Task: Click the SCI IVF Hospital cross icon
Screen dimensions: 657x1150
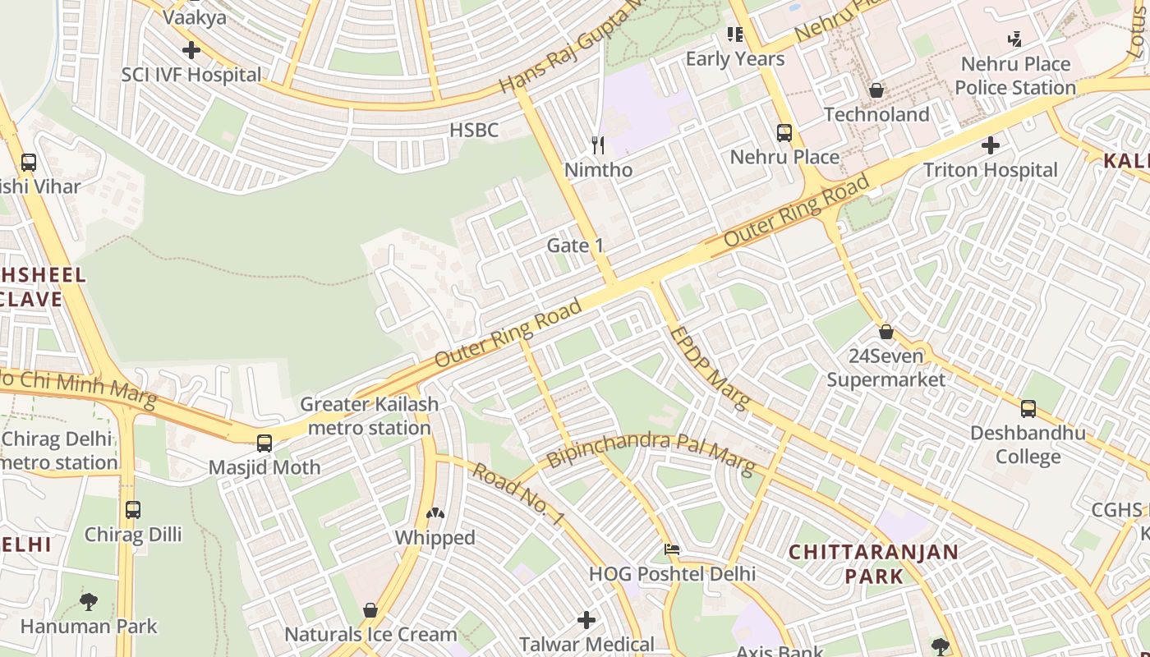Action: pyautogui.click(x=191, y=50)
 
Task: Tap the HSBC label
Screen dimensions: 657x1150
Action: pyautogui.click(x=474, y=130)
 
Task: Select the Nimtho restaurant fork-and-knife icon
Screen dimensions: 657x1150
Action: pyautogui.click(x=598, y=145)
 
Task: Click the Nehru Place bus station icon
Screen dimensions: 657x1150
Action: pyautogui.click(x=784, y=132)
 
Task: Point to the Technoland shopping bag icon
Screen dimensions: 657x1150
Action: pyautogui.click(x=876, y=90)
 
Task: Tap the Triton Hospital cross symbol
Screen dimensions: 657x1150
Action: pyautogui.click(x=991, y=145)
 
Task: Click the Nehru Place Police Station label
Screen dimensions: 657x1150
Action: pyautogui.click(x=1015, y=76)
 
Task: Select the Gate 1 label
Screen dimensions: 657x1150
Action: pyautogui.click(x=575, y=245)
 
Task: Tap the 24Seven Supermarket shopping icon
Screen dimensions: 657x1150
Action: pyautogui.click(x=886, y=332)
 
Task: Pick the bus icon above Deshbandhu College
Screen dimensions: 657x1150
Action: pyautogui.click(x=1028, y=408)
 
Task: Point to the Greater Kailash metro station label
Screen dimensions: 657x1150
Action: pyautogui.click(x=369, y=416)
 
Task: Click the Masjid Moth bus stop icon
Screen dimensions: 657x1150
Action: pyautogui.click(x=264, y=443)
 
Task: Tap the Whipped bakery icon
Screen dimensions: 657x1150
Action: pyautogui.click(x=435, y=513)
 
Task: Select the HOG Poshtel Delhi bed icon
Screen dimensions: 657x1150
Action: pyautogui.click(x=672, y=549)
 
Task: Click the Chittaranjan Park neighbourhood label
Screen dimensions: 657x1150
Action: pyautogui.click(x=874, y=563)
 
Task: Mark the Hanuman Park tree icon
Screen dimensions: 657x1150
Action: pyautogui.click(x=89, y=602)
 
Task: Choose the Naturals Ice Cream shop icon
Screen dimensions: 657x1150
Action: pyautogui.click(x=370, y=610)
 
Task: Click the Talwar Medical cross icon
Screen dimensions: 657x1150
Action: pyautogui.click(x=586, y=620)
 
